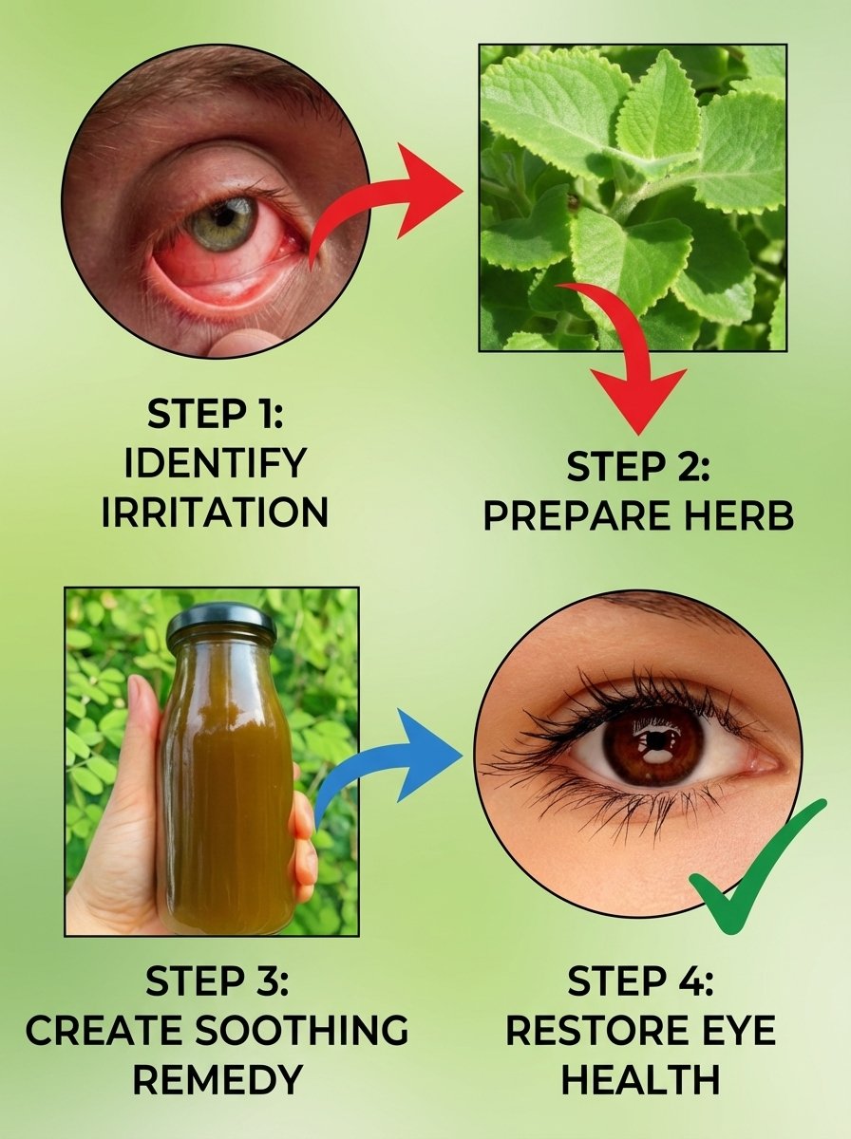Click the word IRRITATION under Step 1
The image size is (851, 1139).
click(215, 513)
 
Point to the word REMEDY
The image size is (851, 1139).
click(217, 1079)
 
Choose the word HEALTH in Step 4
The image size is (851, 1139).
click(640, 1080)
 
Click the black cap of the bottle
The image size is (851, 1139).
click(220, 623)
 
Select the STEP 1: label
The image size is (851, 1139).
click(215, 415)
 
